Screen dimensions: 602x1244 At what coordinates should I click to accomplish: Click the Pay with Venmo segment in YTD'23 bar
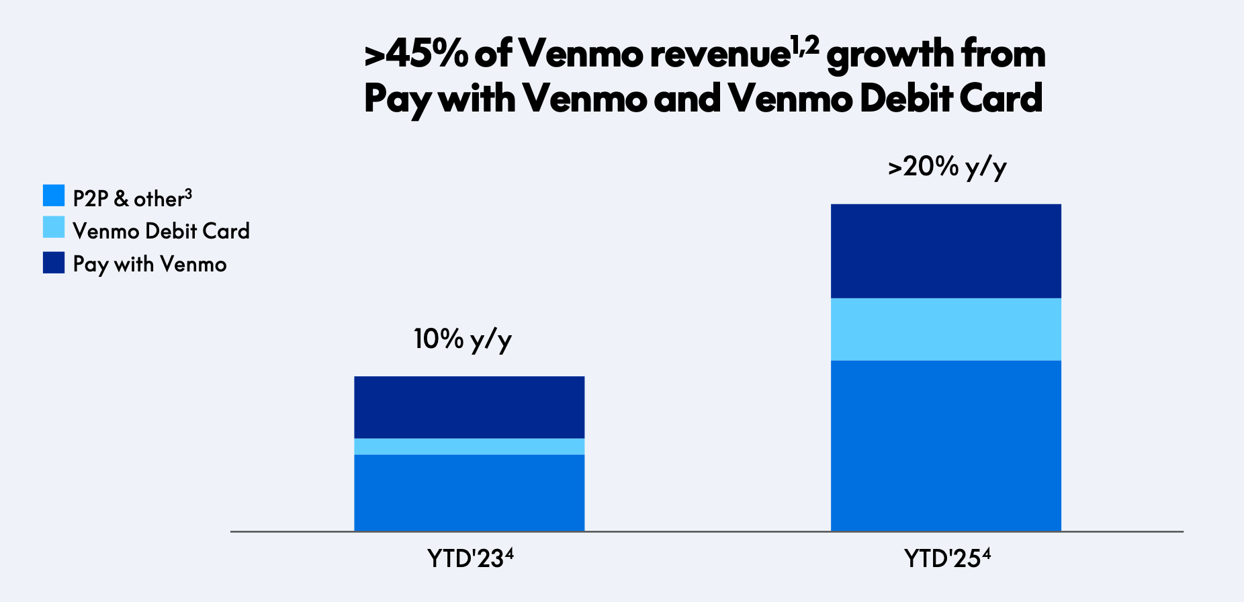(469, 407)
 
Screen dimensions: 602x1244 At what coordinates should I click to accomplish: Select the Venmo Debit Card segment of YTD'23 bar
(469, 447)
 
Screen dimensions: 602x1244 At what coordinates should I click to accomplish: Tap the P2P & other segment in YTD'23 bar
(469, 492)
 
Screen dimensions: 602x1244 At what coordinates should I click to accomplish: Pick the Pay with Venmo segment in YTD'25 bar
(946, 251)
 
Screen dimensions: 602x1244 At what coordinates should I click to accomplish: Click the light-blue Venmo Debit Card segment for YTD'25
(946, 329)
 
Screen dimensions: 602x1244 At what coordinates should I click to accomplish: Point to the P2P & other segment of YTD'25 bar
(946, 445)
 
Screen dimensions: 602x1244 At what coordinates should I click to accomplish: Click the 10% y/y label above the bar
(462, 339)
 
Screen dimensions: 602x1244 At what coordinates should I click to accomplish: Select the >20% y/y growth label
(947, 167)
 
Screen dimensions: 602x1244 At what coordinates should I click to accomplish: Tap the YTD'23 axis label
(470, 558)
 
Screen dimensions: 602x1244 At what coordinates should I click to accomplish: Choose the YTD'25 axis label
(946, 558)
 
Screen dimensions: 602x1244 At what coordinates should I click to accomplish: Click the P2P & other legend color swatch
(54, 196)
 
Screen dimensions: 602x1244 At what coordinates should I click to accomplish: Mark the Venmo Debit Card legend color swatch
(54, 227)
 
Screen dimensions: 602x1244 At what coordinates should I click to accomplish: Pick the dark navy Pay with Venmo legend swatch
(54, 263)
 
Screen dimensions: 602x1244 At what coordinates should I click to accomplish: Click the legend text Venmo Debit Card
(161, 231)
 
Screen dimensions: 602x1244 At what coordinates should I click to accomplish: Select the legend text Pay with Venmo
(150, 264)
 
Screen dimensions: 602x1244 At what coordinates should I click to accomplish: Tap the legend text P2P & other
(132, 199)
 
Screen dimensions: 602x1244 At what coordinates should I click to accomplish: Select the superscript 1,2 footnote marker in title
(805, 46)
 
